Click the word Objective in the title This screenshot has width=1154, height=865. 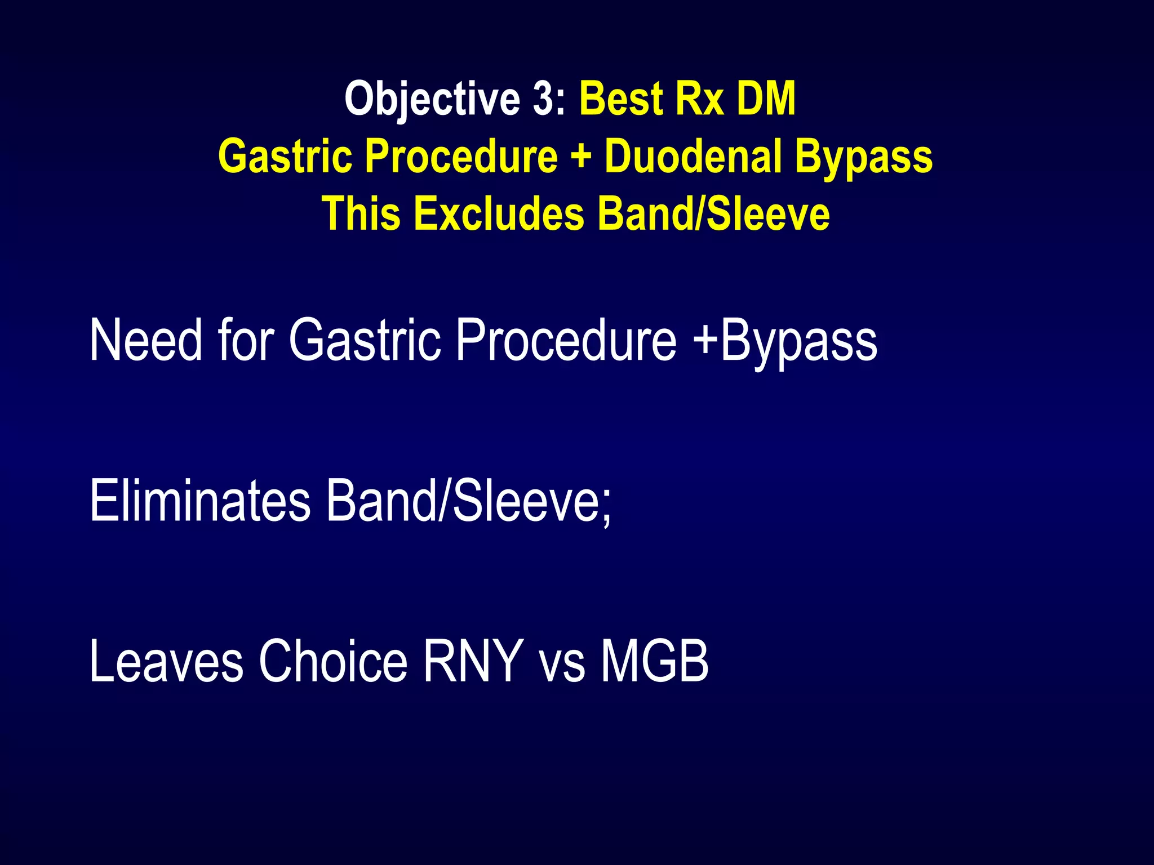[432, 100]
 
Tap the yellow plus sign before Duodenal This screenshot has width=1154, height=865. [581, 157]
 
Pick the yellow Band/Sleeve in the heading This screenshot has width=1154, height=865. [713, 213]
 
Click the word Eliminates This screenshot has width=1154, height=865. [200, 500]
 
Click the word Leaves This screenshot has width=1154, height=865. [166, 661]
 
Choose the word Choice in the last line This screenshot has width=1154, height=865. [332, 661]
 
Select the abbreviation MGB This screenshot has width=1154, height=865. [654, 661]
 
